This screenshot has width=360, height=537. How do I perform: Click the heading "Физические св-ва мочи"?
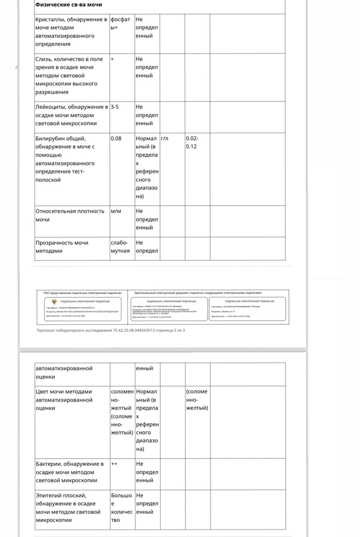[x=68, y=5]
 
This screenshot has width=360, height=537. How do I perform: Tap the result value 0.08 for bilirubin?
[x=116, y=139]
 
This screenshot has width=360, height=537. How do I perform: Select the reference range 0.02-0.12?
[x=192, y=142]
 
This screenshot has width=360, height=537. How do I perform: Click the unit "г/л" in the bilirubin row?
[x=164, y=139]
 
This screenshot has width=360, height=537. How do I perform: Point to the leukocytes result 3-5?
[x=114, y=107]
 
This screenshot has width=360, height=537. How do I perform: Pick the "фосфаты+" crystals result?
[x=120, y=23]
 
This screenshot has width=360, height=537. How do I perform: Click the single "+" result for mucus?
[x=112, y=59]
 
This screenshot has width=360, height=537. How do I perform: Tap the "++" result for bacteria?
[x=114, y=463]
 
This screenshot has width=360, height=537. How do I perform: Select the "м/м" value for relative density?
[x=116, y=211]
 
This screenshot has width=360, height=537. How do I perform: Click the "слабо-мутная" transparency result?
[x=120, y=247]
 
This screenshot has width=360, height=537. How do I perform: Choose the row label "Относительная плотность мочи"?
[x=70, y=215]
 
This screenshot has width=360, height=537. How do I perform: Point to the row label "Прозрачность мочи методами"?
[x=62, y=247]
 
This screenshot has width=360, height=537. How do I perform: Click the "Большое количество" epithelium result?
[x=121, y=507]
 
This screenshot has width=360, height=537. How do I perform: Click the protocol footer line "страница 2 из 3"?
[x=110, y=330]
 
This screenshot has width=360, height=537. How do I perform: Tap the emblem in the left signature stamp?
[x=47, y=303]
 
